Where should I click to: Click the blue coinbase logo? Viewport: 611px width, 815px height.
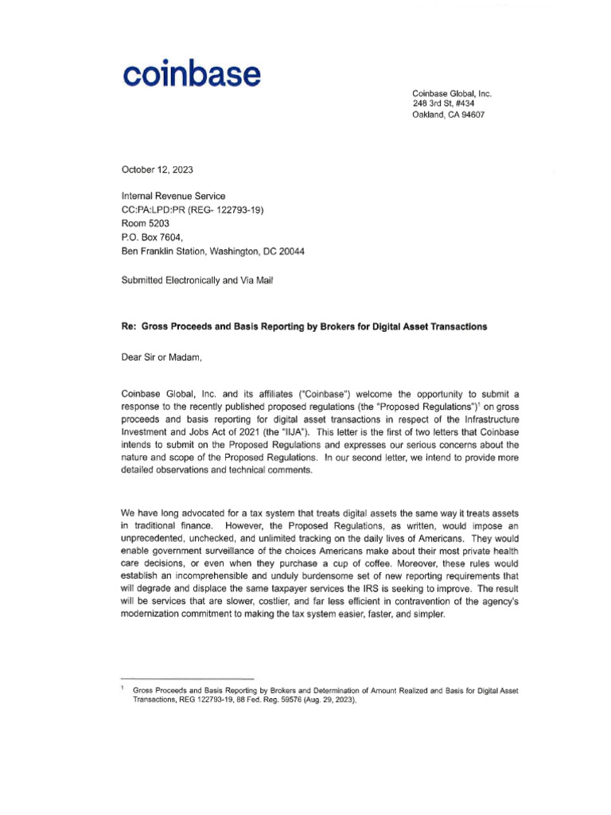[x=191, y=75]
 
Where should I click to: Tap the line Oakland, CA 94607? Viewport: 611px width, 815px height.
[x=448, y=115]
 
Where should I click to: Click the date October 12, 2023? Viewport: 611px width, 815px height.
[x=157, y=170]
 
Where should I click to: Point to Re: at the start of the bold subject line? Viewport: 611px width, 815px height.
[x=128, y=327]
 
